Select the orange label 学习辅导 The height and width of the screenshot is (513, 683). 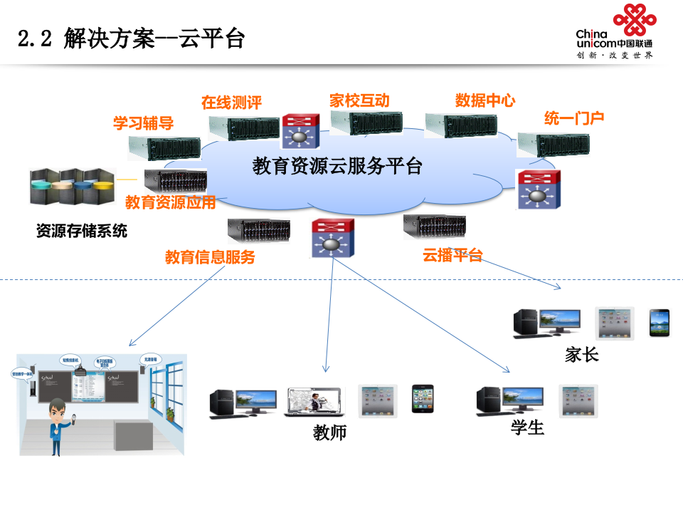tap(143, 123)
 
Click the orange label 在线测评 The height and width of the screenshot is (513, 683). tap(231, 103)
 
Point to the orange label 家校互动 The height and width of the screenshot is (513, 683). tap(359, 100)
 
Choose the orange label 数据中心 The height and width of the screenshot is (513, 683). tap(485, 100)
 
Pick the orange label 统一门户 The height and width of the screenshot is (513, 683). tap(574, 118)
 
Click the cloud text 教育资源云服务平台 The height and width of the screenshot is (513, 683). tap(337, 167)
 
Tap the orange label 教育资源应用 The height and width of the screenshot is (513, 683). tap(170, 202)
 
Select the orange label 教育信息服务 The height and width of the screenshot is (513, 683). tap(210, 257)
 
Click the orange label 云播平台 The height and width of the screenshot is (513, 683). tap(452, 255)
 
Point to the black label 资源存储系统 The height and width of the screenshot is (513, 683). tap(82, 231)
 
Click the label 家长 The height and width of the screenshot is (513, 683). tap(581, 354)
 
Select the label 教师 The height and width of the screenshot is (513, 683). tap(329, 432)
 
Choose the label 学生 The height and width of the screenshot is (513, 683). tap(527, 427)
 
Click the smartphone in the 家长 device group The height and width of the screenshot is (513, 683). tap(659, 323)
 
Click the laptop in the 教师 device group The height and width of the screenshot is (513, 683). tap(314, 403)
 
